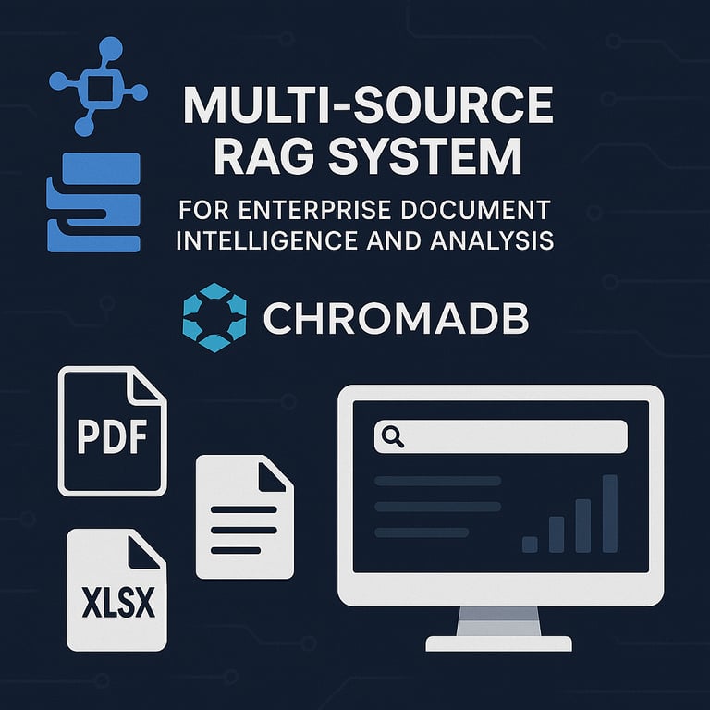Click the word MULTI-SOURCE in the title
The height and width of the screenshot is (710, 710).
(368, 107)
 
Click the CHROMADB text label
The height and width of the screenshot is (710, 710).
(396, 319)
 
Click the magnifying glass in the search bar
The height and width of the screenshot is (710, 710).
(393, 436)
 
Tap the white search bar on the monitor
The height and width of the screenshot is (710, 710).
(500, 436)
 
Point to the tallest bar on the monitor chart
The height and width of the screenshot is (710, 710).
(609, 513)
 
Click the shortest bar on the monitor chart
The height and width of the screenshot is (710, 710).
(530, 544)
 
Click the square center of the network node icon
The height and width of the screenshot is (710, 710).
(97, 91)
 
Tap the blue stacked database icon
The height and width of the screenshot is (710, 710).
(93, 203)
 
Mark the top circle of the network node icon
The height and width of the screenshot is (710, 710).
(112, 45)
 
